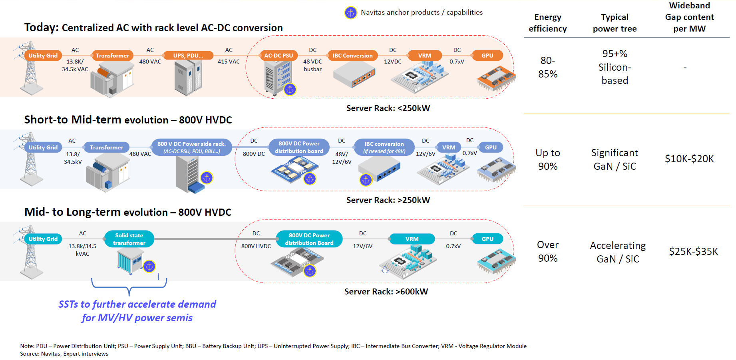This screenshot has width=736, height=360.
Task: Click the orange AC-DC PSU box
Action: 278,56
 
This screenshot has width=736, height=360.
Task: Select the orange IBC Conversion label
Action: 352,56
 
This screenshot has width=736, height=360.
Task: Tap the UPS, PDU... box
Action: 188,56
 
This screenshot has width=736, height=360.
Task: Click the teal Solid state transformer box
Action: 129,239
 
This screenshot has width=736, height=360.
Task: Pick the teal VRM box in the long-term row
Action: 412,239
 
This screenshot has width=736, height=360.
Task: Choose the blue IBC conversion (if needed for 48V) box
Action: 384,147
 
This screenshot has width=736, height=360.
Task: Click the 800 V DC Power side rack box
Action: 191,147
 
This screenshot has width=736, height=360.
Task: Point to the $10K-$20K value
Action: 689,159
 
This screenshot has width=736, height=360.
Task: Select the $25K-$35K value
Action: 693,251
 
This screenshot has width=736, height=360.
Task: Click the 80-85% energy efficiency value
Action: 548,67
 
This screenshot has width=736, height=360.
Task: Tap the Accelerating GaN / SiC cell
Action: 618,252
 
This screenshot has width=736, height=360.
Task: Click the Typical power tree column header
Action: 615,23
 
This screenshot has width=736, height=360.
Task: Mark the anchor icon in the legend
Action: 351,13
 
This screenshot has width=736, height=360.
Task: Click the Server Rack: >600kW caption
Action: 386,292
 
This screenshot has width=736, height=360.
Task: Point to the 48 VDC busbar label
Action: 312,65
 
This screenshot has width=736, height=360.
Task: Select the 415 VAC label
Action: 229,62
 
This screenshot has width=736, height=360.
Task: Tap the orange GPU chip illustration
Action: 496,79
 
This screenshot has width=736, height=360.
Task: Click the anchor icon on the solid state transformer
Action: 149,266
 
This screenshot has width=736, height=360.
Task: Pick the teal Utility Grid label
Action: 43,239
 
